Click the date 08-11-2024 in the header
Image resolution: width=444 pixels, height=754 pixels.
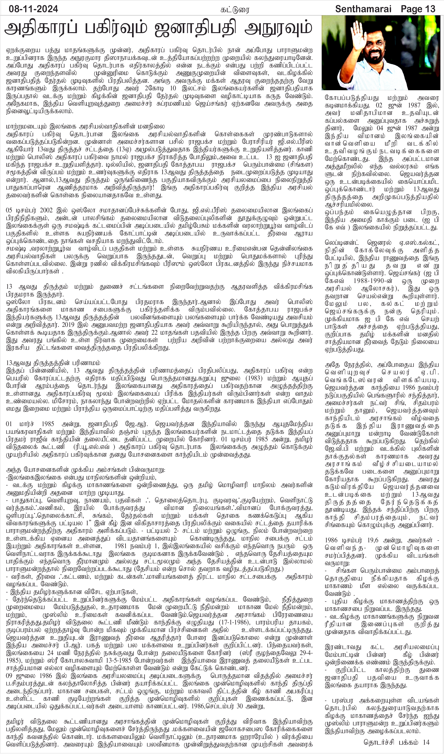33,9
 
